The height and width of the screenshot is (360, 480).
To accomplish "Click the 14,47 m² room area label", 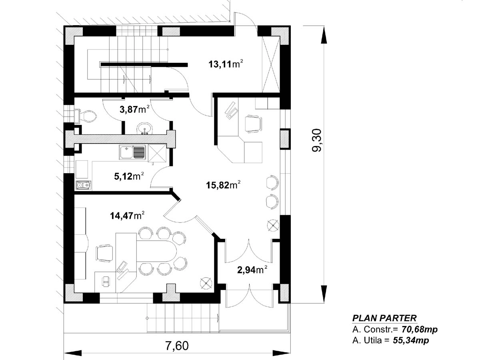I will click(x=127, y=216).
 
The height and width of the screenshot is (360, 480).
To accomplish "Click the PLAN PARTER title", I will click(x=384, y=318).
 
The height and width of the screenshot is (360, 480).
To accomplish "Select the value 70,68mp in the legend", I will click(x=419, y=330).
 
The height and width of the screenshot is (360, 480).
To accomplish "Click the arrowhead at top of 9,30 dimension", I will click(x=324, y=35).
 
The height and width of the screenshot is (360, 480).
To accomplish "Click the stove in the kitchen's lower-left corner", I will click(x=84, y=185).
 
